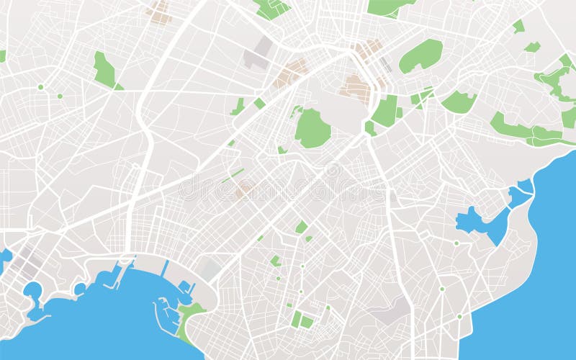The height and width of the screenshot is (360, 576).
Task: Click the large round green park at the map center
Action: click(x=312, y=129)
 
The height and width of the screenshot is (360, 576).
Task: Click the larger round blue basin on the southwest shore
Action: click(x=32, y=290)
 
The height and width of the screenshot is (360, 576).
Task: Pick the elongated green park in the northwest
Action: click(x=105, y=70)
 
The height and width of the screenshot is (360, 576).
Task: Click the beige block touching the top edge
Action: click(x=158, y=10)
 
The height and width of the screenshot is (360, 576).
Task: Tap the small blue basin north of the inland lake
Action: click(x=521, y=193)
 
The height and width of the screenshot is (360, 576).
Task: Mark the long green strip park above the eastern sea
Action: click(x=526, y=132)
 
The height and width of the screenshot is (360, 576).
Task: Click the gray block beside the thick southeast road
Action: click(x=392, y=310)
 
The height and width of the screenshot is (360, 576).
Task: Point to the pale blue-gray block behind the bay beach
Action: click(x=210, y=270)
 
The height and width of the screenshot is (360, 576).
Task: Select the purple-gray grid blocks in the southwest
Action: click(x=25, y=263)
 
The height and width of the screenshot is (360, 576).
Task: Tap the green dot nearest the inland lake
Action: click(x=456, y=243)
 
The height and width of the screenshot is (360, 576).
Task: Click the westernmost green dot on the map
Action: click(x=40, y=87)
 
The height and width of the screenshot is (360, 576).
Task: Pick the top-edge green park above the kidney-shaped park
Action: click(x=389, y=6)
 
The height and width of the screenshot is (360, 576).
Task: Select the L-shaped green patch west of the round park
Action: click(x=238, y=107)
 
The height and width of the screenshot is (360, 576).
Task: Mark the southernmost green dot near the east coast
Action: click(x=459, y=316)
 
